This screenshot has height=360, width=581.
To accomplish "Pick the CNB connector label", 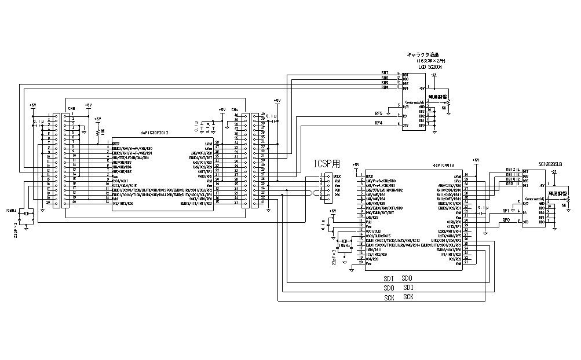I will click(71, 108).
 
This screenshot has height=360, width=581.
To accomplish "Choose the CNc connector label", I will click(235, 109).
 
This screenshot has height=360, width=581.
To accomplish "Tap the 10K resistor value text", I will click(103, 131).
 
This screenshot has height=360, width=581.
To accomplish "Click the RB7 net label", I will click(385, 73).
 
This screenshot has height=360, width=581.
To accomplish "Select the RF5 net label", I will click(379, 113).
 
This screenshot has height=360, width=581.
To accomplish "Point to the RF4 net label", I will click(379, 123).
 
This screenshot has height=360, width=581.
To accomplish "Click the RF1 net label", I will click(506, 211).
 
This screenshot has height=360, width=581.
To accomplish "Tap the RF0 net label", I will click(506, 220).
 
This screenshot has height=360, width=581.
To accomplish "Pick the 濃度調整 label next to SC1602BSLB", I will click(560, 193).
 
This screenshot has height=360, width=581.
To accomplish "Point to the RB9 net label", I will click(510, 184).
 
